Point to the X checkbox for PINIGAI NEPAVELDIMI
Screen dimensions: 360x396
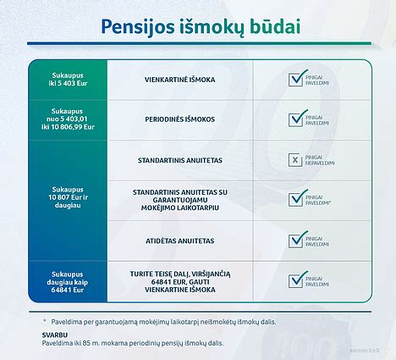[x=295, y=159]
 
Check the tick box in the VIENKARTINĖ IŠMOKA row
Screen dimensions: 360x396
[x=295, y=79]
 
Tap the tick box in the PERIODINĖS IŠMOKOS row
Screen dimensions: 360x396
[x=295, y=119]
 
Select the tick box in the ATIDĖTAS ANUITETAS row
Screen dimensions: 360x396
[x=295, y=241]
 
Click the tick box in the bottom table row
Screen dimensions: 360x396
[x=295, y=280]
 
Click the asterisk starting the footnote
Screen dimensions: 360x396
[x=44, y=320]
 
